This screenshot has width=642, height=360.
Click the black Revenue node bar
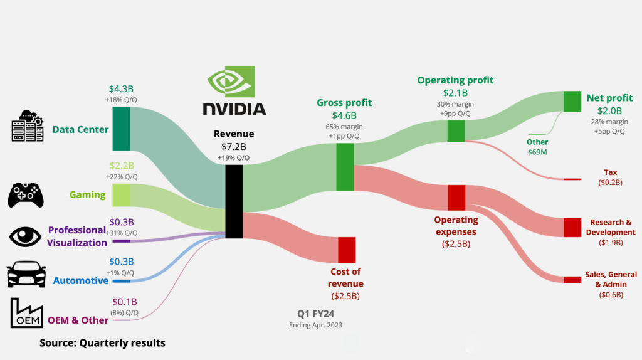(234, 201)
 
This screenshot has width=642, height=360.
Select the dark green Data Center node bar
(121, 129)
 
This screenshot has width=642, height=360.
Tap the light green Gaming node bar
(121, 194)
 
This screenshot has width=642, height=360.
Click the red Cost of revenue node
(347, 250)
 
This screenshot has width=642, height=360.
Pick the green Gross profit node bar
(345, 167)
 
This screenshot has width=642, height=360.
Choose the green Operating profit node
(456, 130)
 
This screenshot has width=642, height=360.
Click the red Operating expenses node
(456, 198)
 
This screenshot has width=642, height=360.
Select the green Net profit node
(572, 102)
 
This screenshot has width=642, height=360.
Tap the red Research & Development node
(572, 227)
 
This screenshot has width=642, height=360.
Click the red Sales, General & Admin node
(572, 280)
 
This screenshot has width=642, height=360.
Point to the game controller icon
(25, 194)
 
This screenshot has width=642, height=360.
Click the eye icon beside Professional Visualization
(25, 236)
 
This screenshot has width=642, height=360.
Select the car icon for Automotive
(26, 275)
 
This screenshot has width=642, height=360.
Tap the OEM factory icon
(26, 313)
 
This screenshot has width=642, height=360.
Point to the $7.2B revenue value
(234, 146)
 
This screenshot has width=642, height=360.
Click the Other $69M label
(537, 147)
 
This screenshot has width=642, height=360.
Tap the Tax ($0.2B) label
(609, 177)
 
